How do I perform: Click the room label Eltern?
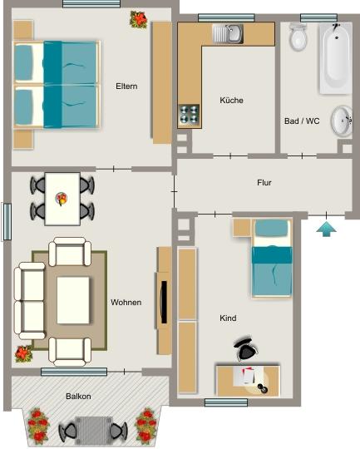pos(126,86)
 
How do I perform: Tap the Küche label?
pos(231,101)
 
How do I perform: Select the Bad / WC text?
pos(302,121)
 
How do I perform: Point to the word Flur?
pos(264,182)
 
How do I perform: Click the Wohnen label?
pos(126,302)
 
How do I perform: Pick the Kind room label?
pos(228,318)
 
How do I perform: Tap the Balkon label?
pos(78,397)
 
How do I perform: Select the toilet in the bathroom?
pos(298,37)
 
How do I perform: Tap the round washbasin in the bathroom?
pos(342,121)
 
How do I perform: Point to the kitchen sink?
pos(227,33)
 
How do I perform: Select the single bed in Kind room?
pos(272,257)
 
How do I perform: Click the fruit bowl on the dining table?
pos(62,198)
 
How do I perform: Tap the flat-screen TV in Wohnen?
pos(165,302)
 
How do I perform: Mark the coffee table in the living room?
pos(73,300)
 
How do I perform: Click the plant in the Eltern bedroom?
pos(138,18)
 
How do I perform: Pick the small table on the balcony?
pos(92,430)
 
